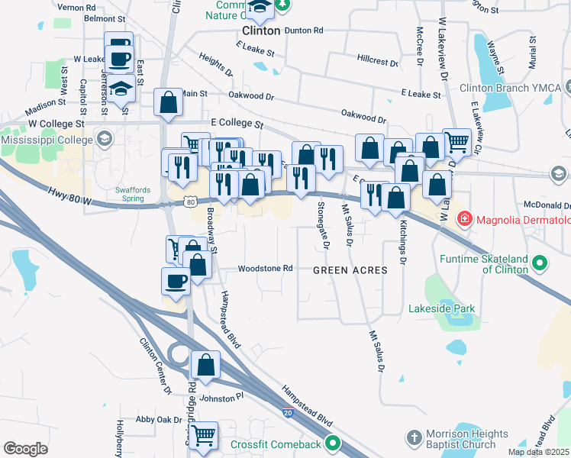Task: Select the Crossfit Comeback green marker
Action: tap(333, 443)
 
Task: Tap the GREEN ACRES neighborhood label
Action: tap(350, 270)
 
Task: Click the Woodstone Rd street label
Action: tap(266, 269)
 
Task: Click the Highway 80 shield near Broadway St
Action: tap(190, 202)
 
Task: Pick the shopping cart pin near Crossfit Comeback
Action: tap(204, 436)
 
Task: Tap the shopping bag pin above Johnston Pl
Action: tap(205, 365)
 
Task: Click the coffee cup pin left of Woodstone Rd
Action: tap(176, 282)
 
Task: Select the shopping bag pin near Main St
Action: tap(168, 102)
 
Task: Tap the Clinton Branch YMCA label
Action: tap(511, 88)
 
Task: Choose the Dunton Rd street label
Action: tap(304, 31)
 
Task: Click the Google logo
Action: tap(25, 449)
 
